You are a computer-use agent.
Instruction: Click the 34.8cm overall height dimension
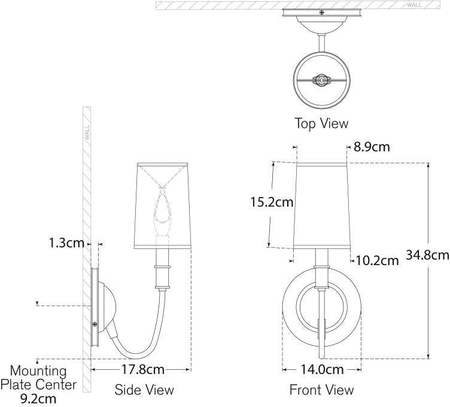[x=427, y=254]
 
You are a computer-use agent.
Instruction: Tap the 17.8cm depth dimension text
[x=143, y=369]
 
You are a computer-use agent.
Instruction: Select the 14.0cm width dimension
[x=322, y=369]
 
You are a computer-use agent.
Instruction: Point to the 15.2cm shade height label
[x=272, y=202]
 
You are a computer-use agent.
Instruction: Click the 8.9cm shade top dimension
[x=372, y=147]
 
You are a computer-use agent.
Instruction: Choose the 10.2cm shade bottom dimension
[x=377, y=260]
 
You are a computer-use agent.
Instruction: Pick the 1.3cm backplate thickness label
[x=66, y=244]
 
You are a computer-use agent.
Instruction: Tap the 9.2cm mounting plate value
[x=38, y=399]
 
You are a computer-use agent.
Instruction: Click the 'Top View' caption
[x=321, y=123]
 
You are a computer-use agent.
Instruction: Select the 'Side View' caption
[x=144, y=390]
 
